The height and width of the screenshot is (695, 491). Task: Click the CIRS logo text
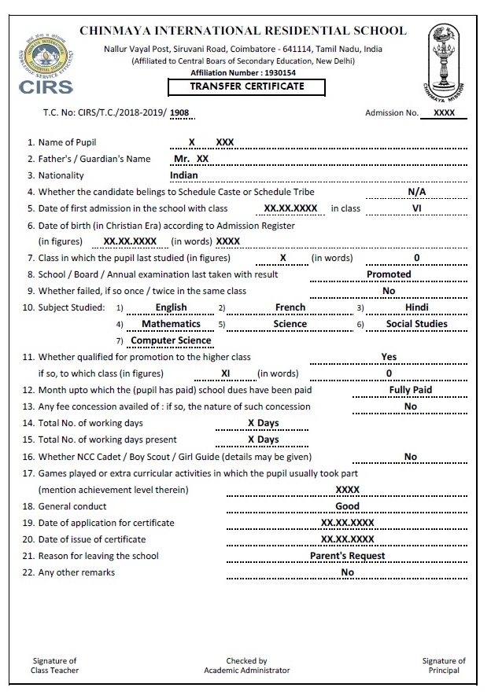pyautogui.click(x=46, y=86)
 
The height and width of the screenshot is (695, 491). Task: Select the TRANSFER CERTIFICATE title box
pyautogui.click(x=246, y=86)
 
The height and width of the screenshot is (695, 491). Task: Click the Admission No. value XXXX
pyautogui.click(x=445, y=113)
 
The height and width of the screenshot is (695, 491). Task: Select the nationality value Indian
pyautogui.click(x=184, y=175)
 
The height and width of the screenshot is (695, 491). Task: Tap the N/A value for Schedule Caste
pyautogui.click(x=416, y=192)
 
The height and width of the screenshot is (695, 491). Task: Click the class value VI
pyautogui.click(x=416, y=208)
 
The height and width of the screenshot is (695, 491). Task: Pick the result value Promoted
pyautogui.click(x=389, y=274)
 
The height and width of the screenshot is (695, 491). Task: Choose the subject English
pyautogui.click(x=172, y=307)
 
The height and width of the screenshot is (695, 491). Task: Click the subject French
pyautogui.click(x=290, y=307)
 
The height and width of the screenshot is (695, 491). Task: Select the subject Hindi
pyautogui.click(x=416, y=307)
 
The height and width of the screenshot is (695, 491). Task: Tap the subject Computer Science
pyautogui.click(x=171, y=340)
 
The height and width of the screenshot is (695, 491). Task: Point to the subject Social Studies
pyautogui.click(x=416, y=324)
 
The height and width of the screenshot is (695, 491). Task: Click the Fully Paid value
pyautogui.click(x=410, y=390)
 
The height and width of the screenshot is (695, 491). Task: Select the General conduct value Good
pyautogui.click(x=347, y=506)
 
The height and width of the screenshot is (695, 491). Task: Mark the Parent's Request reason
pyautogui.click(x=347, y=556)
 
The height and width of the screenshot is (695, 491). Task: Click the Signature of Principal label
pyautogui.click(x=444, y=666)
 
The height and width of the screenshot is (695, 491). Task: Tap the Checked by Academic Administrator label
pyautogui.click(x=246, y=666)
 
